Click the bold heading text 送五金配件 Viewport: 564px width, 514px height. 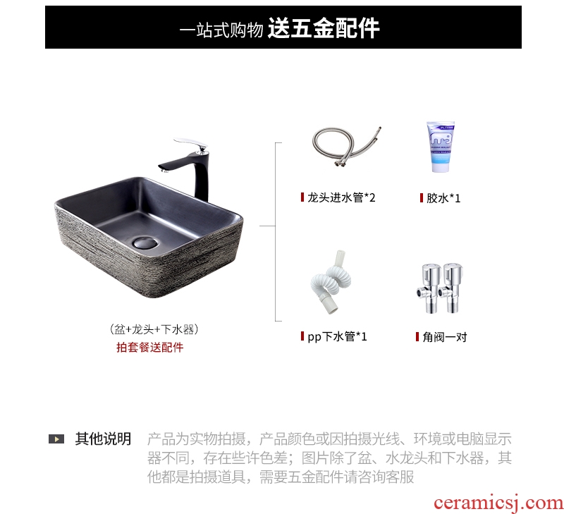[324, 28]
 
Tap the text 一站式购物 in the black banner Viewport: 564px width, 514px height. [221, 30]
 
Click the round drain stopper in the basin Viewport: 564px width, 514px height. [145, 243]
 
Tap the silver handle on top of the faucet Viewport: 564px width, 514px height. [190, 144]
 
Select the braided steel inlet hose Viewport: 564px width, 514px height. [345, 146]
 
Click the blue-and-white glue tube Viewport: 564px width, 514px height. [441, 147]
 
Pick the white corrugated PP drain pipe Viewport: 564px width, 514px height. [331, 282]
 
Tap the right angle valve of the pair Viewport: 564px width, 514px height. [450, 288]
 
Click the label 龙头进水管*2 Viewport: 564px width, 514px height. [341, 197]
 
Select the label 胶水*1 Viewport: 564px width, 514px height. [443, 198]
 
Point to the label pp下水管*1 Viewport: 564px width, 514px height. [337, 336]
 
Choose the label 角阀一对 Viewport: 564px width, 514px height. [445, 337]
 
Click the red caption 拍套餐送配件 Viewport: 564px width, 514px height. [150, 347]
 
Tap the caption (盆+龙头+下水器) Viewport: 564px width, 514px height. [154, 329]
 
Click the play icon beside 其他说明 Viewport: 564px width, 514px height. [56, 439]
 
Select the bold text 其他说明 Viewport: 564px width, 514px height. [103, 439]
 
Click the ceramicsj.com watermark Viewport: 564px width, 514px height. [498, 503]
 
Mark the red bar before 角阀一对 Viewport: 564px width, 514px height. [417, 336]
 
